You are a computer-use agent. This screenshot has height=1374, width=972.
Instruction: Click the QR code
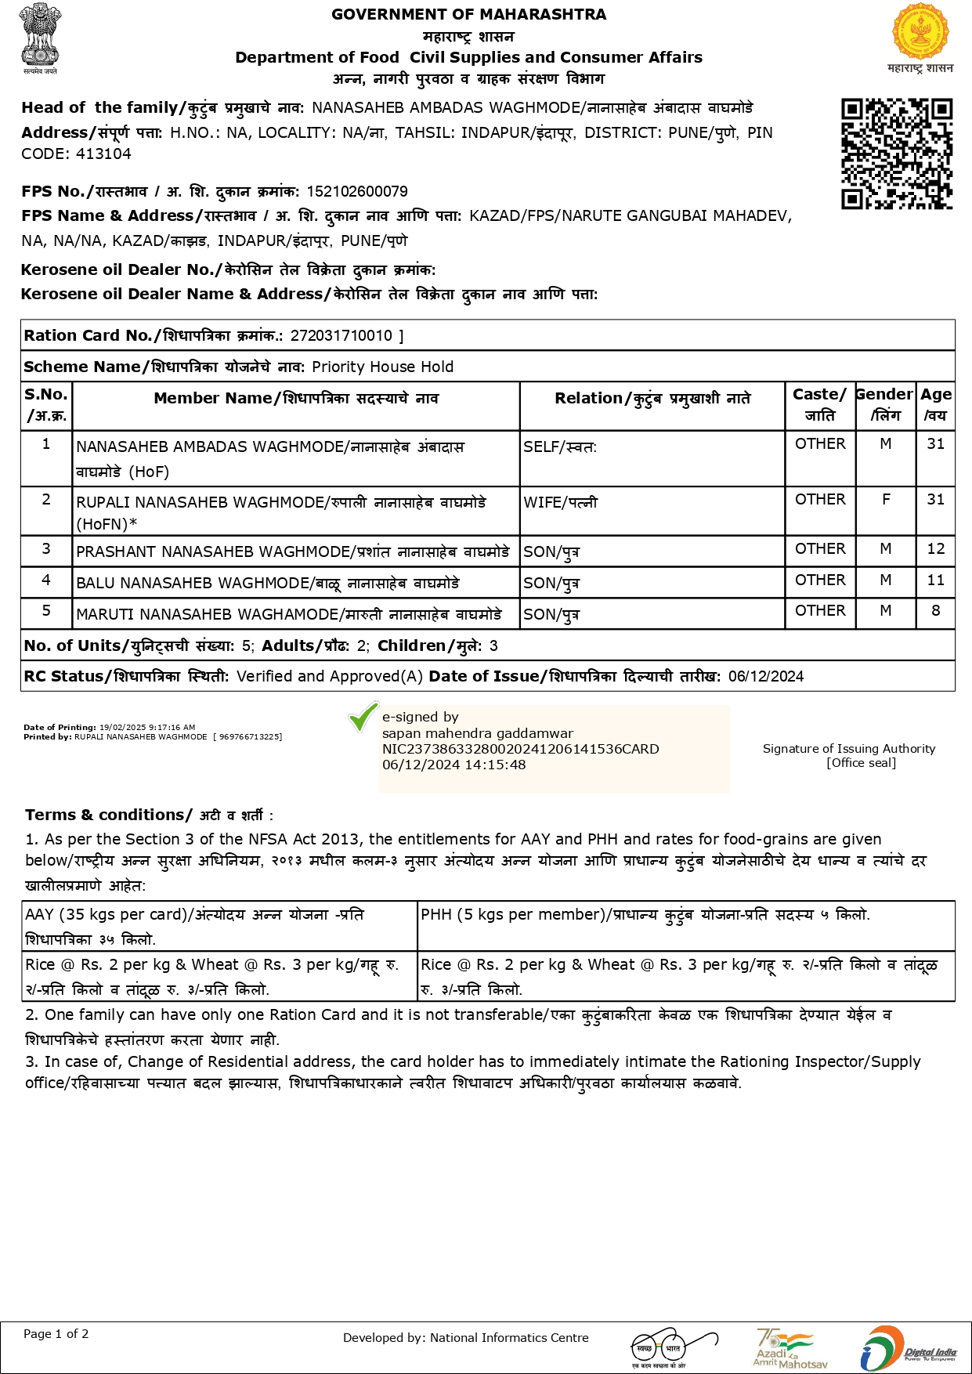(x=897, y=154)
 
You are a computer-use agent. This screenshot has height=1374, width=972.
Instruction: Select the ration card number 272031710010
(x=341, y=336)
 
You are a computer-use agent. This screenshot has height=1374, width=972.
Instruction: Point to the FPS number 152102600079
(x=357, y=192)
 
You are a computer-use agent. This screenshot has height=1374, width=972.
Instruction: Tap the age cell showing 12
(x=935, y=549)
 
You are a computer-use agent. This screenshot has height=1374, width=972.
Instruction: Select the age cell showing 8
(x=935, y=611)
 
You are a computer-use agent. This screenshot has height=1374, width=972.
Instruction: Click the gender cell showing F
(x=886, y=500)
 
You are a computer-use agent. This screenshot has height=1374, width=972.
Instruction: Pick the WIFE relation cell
(x=560, y=503)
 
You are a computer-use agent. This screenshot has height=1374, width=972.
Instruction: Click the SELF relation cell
(x=559, y=447)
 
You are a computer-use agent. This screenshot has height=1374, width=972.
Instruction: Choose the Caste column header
(x=819, y=405)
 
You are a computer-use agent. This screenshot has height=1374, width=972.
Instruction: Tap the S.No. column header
(x=46, y=405)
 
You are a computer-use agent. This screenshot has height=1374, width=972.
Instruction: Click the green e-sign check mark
(x=363, y=717)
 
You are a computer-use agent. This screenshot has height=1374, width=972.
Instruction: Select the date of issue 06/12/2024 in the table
(x=765, y=677)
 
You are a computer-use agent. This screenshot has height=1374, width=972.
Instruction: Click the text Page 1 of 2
(x=56, y=1334)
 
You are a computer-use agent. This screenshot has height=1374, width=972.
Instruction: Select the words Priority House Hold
(x=382, y=367)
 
